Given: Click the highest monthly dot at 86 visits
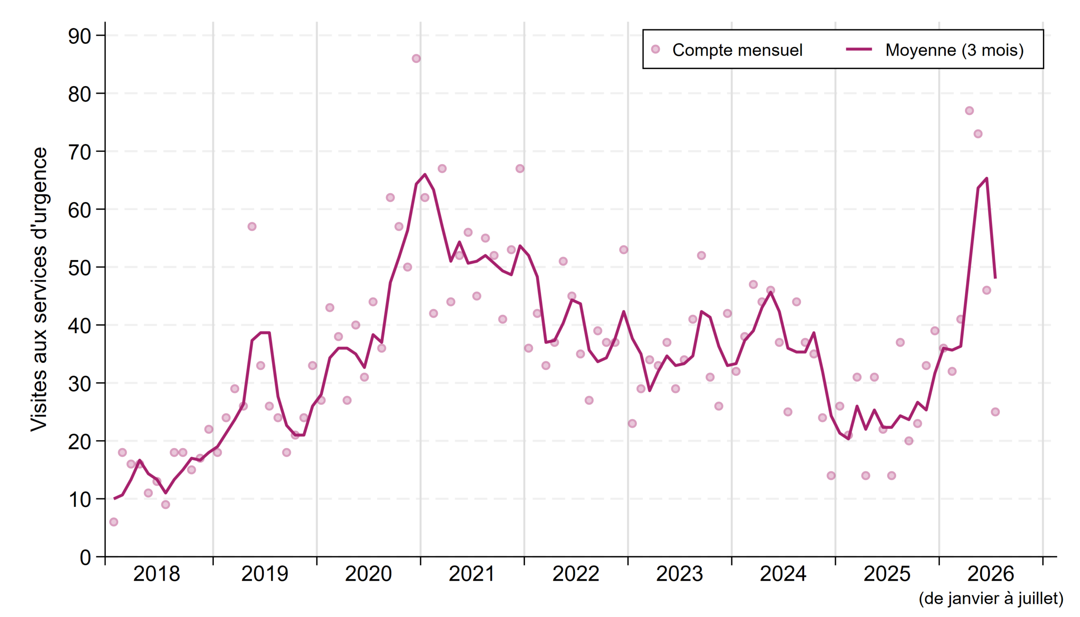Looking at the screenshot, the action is (x=416, y=59).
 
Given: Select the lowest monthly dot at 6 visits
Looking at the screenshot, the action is (x=113, y=522).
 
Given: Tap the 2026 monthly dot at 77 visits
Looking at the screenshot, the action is (x=969, y=110).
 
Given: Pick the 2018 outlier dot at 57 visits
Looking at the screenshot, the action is (x=252, y=227).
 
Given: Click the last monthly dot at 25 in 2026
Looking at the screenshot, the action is (x=995, y=412).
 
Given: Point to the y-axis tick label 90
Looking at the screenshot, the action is (x=80, y=36).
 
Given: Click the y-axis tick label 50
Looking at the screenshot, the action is (x=80, y=268).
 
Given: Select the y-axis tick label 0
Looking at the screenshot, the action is (x=86, y=558).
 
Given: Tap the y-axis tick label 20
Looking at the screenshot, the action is (x=80, y=442).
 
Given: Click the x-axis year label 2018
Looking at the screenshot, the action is (x=157, y=574).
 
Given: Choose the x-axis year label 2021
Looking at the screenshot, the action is (x=472, y=574).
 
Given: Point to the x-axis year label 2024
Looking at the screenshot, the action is (x=783, y=574).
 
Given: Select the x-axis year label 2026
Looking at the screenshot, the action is (x=991, y=574).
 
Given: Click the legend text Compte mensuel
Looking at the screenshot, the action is (x=737, y=50).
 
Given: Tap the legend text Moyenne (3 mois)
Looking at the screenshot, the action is (x=955, y=50).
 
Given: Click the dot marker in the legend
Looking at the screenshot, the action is (x=656, y=49).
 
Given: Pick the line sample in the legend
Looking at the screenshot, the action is (x=859, y=49).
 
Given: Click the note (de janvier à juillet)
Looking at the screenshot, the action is (x=991, y=598).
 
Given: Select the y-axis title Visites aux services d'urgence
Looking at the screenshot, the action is (x=39, y=289).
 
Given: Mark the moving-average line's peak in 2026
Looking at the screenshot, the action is (x=987, y=178).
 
